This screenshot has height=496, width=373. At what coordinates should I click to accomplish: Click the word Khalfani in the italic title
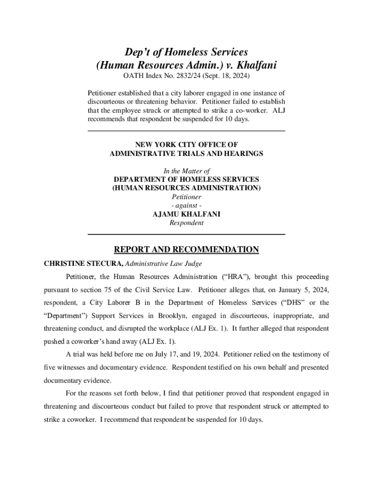[x=255, y=65]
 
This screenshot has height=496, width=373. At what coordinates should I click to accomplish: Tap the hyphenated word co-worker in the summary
[x=249, y=110]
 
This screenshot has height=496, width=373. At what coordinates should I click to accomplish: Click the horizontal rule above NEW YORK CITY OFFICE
[x=186, y=131]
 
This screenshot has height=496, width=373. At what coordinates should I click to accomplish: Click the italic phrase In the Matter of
[x=186, y=171]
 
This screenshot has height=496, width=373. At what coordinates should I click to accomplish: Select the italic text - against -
[x=186, y=206]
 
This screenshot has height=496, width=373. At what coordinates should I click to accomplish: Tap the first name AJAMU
[x=166, y=215]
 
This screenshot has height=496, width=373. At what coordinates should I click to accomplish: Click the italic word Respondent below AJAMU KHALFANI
[x=186, y=223]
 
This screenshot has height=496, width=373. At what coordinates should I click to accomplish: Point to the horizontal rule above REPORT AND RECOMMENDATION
[x=186, y=234]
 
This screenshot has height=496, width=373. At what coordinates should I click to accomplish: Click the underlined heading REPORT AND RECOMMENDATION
[x=186, y=250]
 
